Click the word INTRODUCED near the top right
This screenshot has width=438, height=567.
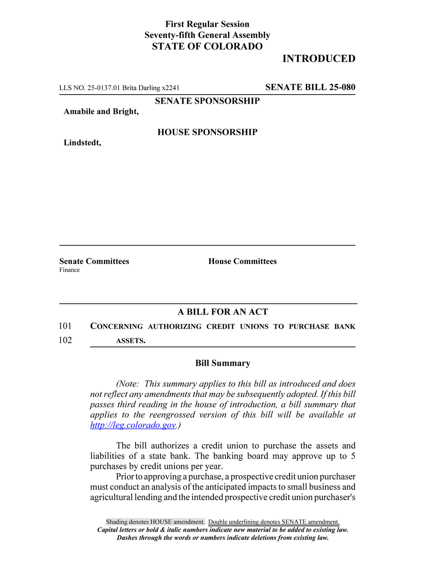(319, 59)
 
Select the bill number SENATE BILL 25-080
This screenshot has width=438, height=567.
(310, 87)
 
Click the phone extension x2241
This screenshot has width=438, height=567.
(171, 88)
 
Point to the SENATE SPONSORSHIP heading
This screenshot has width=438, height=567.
(207, 101)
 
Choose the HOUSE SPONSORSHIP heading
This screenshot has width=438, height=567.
(207, 132)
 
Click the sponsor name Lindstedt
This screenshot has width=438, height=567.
(82, 143)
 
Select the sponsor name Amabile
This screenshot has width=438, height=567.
(79, 112)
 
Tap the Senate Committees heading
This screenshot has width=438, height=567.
(94, 261)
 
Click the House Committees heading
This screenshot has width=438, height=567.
(243, 261)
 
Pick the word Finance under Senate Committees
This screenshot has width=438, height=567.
(69, 270)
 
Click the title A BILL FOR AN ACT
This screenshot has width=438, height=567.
(223, 312)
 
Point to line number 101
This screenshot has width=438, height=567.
(65, 326)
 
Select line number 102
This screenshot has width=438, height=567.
(65, 340)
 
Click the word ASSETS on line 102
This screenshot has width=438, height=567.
(130, 341)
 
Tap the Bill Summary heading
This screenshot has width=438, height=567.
(223, 363)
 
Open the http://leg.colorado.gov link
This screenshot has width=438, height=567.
(133, 425)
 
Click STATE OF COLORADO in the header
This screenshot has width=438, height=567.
(207, 47)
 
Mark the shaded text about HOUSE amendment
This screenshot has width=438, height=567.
(155, 522)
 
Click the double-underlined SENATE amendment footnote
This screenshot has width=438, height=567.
(274, 522)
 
